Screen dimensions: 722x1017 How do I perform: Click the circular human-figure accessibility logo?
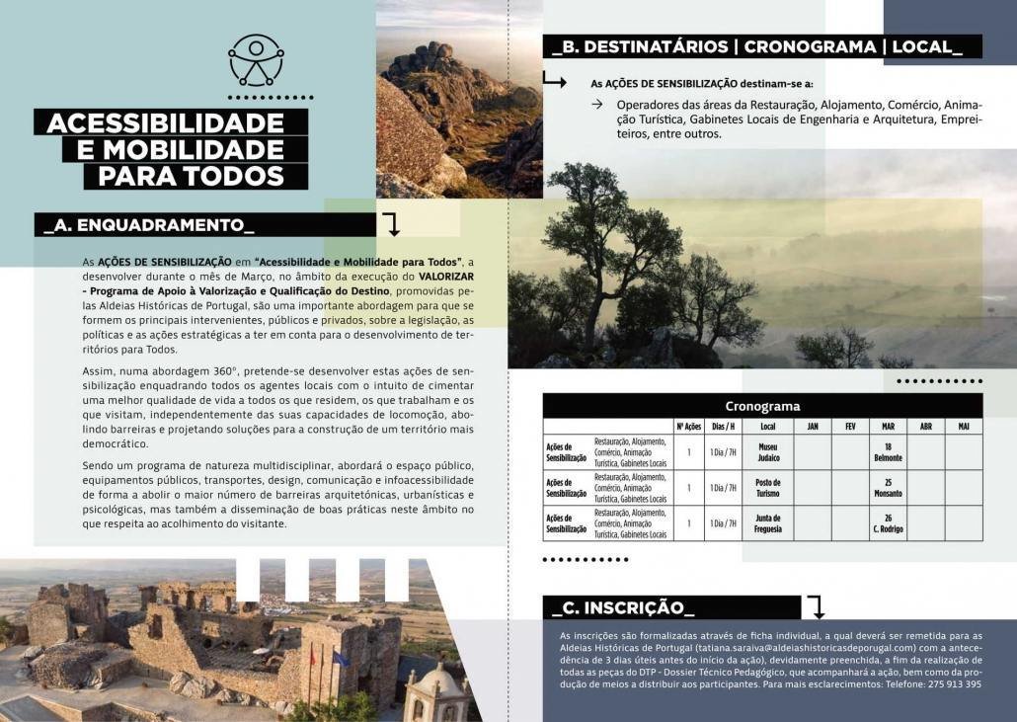click(x=256, y=60)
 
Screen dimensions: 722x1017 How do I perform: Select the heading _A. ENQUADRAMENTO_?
click(x=149, y=225)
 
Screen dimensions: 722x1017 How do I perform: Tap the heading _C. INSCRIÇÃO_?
click(x=622, y=607)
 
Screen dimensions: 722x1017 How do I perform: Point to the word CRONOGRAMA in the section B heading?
click(x=811, y=46)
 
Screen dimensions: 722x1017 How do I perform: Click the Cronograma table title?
click(x=762, y=406)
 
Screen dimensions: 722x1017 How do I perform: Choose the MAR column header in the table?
click(x=888, y=426)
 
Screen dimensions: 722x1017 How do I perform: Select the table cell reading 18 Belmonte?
click(x=888, y=452)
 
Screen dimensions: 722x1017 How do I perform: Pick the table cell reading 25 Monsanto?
click(x=888, y=488)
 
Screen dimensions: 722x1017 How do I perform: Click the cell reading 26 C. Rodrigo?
click(x=888, y=523)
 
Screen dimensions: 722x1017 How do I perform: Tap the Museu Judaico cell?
click(x=768, y=452)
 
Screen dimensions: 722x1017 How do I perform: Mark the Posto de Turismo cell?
click(x=768, y=488)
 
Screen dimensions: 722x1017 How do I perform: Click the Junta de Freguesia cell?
click(x=768, y=523)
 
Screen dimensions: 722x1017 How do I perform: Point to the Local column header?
click(x=768, y=426)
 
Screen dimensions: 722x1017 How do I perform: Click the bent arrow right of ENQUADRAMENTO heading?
click(x=392, y=224)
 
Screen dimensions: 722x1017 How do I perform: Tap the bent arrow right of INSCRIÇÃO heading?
click(x=816, y=606)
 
